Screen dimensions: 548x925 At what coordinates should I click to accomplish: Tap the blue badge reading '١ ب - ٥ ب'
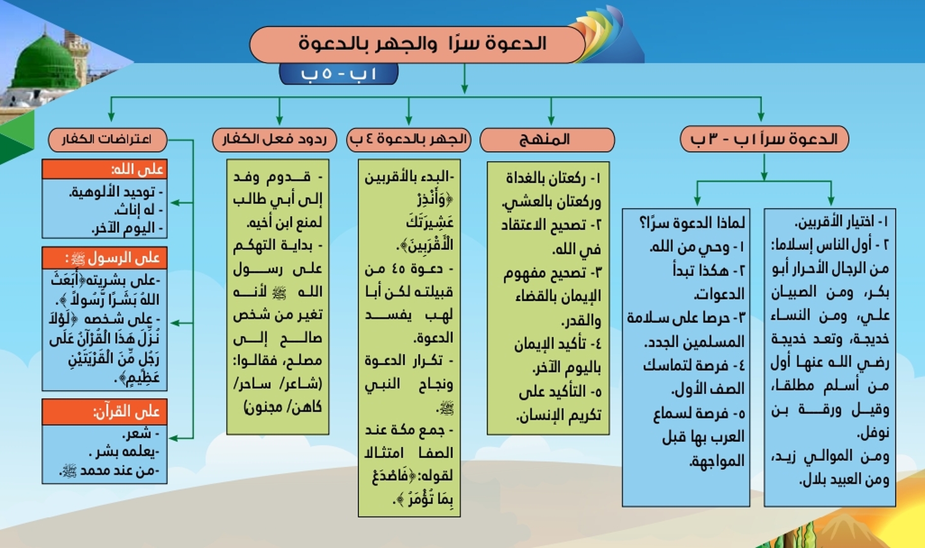(x=339, y=74)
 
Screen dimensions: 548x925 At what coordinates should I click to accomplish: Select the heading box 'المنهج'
(x=547, y=140)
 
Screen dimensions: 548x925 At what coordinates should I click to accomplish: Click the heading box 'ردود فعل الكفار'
(x=274, y=140)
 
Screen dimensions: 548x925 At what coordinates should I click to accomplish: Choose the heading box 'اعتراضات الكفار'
(x=107, y=140)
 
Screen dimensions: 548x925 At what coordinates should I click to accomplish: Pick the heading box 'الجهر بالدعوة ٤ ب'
(x=409, y=140)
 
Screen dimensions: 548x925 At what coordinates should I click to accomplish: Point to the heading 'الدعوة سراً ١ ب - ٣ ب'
(x=764, y=140)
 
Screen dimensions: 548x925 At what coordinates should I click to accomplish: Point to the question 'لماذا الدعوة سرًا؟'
(x=691, y=222)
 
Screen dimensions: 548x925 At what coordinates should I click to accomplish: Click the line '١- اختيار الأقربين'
(x=841, y=222)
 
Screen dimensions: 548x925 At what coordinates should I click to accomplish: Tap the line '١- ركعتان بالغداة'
(x=553, y=178)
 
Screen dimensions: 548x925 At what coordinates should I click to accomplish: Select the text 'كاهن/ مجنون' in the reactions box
(x=283, y=407)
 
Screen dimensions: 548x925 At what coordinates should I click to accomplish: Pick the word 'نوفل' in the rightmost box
(x=873, y=433)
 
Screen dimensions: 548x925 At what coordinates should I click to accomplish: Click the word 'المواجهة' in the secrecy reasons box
(x=716, y=461)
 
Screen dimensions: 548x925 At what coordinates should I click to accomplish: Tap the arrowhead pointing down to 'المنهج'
(x=551, y=119)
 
